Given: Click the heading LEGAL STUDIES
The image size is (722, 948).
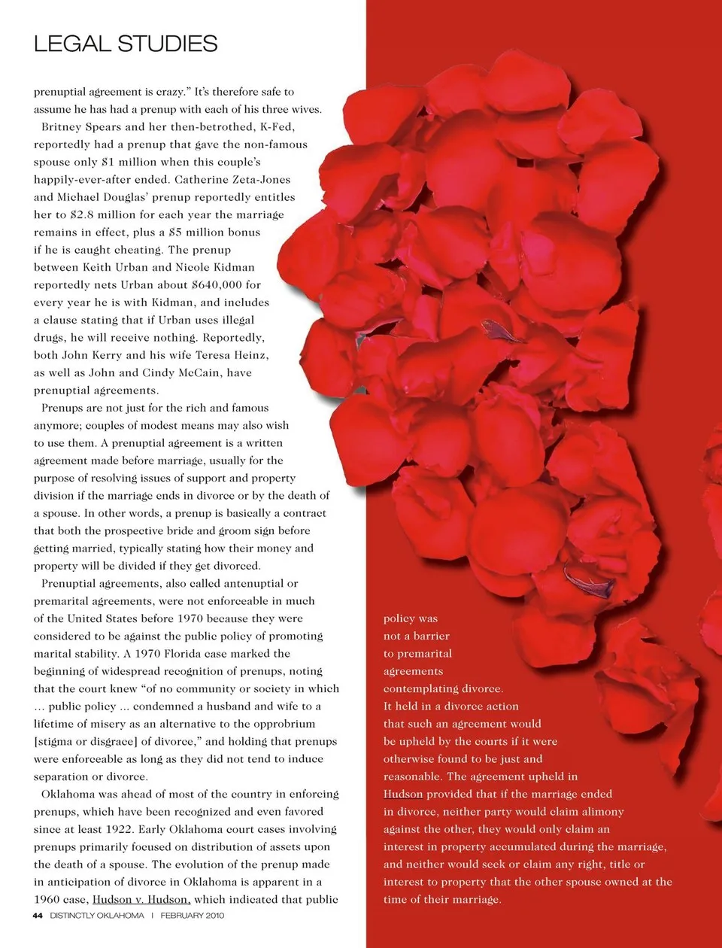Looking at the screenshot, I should [x=126, y=44].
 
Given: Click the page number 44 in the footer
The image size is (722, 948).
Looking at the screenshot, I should [x=38, y=916].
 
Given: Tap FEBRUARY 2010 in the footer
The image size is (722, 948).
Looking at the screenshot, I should [x=192, y=916].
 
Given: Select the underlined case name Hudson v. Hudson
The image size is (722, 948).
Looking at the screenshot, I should [x=141, y=899].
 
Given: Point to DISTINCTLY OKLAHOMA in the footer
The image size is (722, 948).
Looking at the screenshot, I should [x=97, y=916].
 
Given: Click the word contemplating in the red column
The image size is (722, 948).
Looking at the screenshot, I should [x=421, y=688].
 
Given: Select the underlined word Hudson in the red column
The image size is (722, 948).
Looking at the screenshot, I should [x=403, y=794].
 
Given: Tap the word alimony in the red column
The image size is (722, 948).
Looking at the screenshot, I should [x=599, y=811].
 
